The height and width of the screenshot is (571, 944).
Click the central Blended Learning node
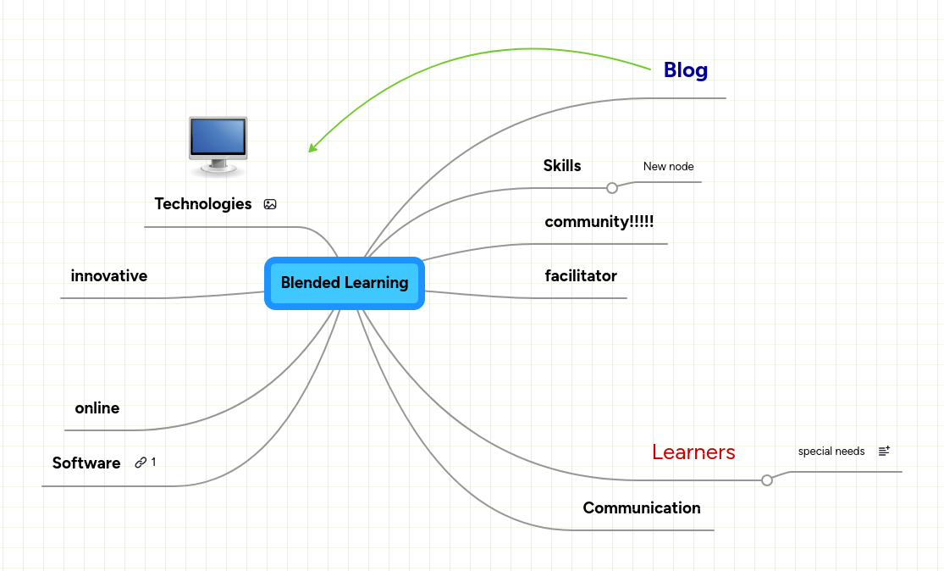pyautogui.click(x=344, y=283)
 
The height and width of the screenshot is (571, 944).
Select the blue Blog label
pyautogui.click(x=685, y=70)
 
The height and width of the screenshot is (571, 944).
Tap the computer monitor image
pyautogui.click(x=218, y=145)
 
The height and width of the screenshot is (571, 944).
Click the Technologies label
pyautogui.click(x=203, y=204)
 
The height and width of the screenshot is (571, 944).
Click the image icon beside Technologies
pyautogui.click(x=270, y=204)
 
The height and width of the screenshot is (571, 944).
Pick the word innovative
pyautogui.click(x=109, y=276)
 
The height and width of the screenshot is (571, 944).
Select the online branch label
pyautogui.click(x=97, y=408)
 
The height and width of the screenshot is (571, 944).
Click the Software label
pyautogui.click(x=86, y=463)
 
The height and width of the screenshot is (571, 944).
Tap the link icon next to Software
pyautogui.click(x=141, y=463)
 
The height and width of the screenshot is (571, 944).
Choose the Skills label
pyautogui.click(x=562, y=166)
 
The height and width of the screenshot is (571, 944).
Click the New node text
pyautogui.click(x=668, y=167)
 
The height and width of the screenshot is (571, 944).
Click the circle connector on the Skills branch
pyautogui.click(x=612, y=188)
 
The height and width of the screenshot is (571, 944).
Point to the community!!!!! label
pyautogui.click(x=599, y=222)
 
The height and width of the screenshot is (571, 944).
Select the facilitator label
pyautogui.click(x=581, y=276)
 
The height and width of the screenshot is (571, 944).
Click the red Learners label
pyautogui.click(x=693, y=452)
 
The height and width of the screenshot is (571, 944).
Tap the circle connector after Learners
pyautogui.click(x=767, y=480)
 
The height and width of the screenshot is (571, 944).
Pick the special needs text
pyautogui.click(x=831, y=452)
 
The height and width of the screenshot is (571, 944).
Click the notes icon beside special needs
pyautogui.click(x=884, y=452)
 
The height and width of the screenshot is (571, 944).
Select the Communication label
pyautogui.click(x=642, y=508)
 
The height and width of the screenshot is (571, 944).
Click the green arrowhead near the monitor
pyautogui.click(x=312, y=148)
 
